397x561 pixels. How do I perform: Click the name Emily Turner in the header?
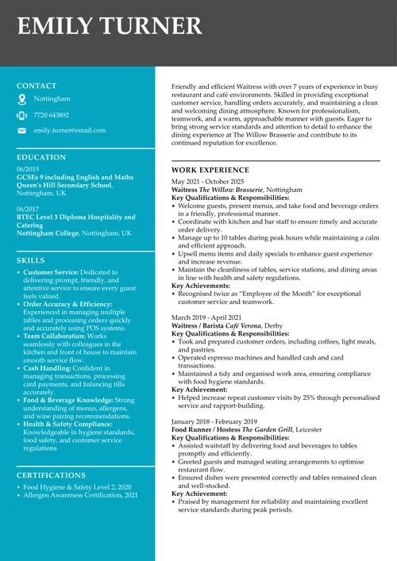coord(110,26)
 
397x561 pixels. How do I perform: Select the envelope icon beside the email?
coord(21,130)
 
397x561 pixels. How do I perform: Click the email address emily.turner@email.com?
coord(69,130)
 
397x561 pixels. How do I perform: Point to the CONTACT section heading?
coord(37,85)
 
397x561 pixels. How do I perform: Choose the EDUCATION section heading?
coord(40,157)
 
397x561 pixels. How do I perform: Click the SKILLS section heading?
coord(30,259)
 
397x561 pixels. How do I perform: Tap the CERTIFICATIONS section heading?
coord(51,475)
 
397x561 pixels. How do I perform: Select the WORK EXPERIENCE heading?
coord(210,170)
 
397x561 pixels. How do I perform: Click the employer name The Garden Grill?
coord(265,428)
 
